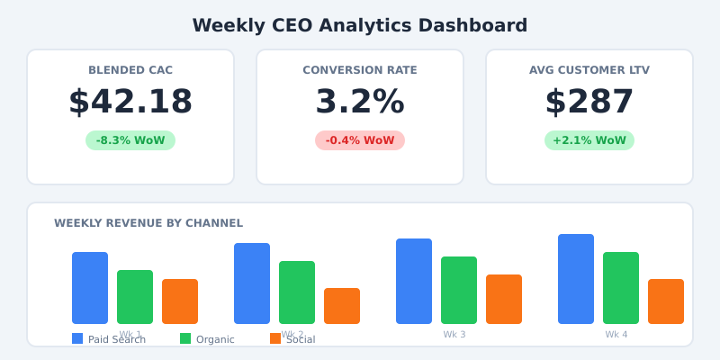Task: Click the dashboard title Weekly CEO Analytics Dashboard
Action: point(360,25)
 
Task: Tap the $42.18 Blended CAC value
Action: point(130,102)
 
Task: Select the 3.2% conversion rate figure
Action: point(360,102)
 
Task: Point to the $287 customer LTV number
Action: point(589,102)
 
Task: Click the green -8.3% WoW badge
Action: point(130,140)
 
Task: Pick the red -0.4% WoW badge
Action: point(360,140)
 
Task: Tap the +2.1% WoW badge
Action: point(589,140)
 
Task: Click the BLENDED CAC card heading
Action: point(130,70)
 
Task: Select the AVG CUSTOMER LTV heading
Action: point(589,70)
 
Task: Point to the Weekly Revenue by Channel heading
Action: point(148,223)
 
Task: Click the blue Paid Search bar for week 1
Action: point(90,288)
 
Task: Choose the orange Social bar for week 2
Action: point(342,306)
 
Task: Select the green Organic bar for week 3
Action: point(459,290)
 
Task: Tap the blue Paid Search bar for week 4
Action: point(576,279)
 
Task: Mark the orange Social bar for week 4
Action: point(666,301)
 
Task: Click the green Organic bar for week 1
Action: point(135,297)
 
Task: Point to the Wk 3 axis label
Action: point(454,335)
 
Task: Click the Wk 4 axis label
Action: point(616,335)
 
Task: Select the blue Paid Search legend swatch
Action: point(77,338)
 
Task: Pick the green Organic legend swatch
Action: point(185,338)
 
